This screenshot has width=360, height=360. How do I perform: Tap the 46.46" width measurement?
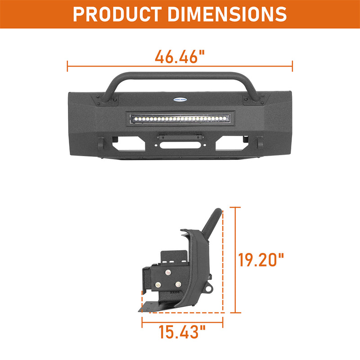pos(180,57)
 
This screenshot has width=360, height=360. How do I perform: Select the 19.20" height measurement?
pos(261,260)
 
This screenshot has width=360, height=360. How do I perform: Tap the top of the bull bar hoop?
pos(180,74)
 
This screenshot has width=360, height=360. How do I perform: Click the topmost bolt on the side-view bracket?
pos(168,273)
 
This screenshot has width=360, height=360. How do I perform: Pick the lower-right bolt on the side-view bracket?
pos(178,284)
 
